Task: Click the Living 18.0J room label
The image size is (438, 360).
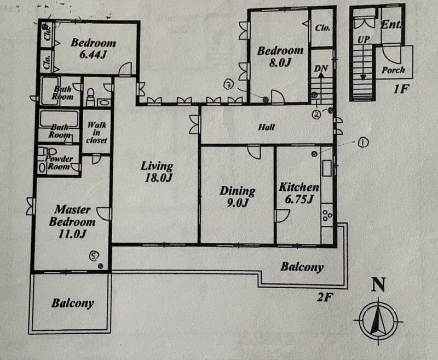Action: (x=157, y=172)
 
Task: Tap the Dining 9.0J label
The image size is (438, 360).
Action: (x=238, y=197)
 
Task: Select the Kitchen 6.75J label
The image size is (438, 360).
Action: (x=299, y=193)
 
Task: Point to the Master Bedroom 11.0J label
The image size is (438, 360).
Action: (x=72, y=221)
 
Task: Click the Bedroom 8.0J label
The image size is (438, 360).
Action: (x=280, y=56)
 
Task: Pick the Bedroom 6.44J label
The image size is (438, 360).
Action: (x=93, y=48)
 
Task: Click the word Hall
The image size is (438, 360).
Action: (x=267, y=127)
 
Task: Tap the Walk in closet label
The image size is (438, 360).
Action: (x=97, y=133)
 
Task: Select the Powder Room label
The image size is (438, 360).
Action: (x=59, y=162)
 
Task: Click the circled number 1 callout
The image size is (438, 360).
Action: (x=363, y=142)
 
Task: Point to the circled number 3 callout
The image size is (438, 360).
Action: (x=229, y=85)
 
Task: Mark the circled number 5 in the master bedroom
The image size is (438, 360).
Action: (x=94, y=255)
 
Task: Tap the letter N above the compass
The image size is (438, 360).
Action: (x=378, y=284)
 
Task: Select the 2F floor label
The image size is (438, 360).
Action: (x=325, y=297)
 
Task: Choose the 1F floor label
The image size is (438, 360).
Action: (x=401, y=89)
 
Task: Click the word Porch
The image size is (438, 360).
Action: (x=393, y=70)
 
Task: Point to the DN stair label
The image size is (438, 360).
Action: (x=321, y=68)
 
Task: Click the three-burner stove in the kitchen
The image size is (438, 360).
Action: (x=327, y=215)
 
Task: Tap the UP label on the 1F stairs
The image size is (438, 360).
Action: (x=364, y=39)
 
